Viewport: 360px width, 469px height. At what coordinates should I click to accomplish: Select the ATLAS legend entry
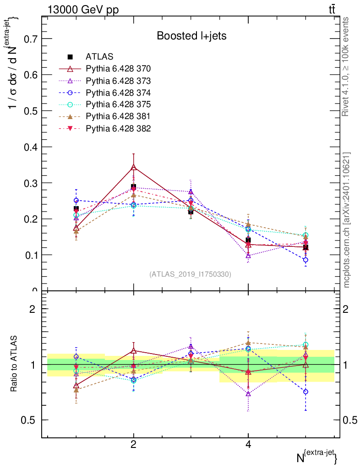click(x=99, y=57)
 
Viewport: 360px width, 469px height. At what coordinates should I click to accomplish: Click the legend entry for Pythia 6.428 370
click(x=118, y=69)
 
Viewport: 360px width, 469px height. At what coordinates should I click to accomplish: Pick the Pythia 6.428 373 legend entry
click(x=118, y=81)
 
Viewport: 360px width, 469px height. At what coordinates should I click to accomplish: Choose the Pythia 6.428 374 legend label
click(x=118, y=93)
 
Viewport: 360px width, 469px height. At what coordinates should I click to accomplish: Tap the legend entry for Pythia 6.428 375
click(x=118, y=104)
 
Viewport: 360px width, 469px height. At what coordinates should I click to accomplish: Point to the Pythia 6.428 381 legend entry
click(x=118, y=116)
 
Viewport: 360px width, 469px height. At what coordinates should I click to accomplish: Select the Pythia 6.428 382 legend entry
click(x=118, y=128)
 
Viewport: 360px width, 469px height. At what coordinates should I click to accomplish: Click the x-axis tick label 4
click(x=248, y=445)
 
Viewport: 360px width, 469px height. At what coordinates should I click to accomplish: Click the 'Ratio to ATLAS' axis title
click(x=14, y=364)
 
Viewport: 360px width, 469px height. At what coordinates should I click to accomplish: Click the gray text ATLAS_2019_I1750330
click(x=190, y=274)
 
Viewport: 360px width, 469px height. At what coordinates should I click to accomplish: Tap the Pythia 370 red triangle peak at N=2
click(x=133, y=167)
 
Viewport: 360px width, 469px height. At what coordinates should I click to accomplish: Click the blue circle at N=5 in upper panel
click(x=305, y=260)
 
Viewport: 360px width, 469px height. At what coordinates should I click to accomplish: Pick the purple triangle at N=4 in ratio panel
click(x=248, y=393)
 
